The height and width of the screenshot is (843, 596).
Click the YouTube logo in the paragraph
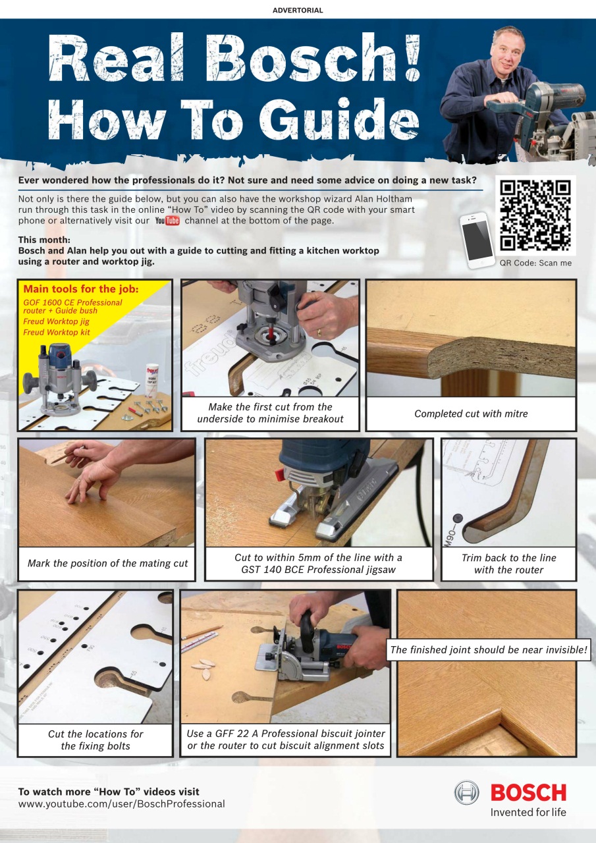167,221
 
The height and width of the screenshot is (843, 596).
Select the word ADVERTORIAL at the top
298,11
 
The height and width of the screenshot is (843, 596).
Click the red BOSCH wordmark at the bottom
528,792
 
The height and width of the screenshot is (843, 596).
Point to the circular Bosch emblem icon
467,792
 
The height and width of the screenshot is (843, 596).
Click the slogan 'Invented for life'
528,812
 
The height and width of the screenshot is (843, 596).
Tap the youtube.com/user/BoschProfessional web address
122,804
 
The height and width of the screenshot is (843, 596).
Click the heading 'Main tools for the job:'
81,288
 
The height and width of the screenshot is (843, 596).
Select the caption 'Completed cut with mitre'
471,414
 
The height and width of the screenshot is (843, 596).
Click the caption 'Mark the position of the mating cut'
107,563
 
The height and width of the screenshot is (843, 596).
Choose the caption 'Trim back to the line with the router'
508,564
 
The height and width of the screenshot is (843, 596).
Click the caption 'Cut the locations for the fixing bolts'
95,740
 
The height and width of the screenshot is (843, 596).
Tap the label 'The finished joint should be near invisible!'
489,650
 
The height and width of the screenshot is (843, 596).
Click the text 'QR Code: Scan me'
535,263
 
